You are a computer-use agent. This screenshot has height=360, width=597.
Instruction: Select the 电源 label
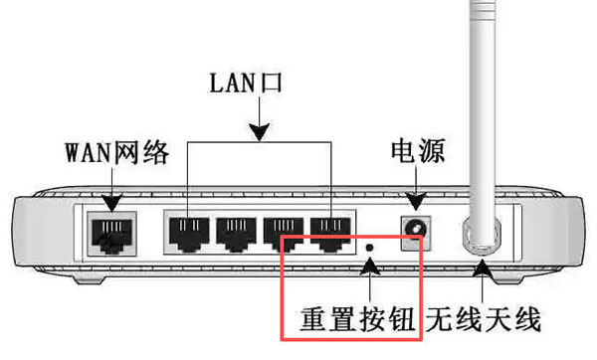coord(417,152)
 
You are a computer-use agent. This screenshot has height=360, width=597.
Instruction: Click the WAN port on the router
coord(109,232)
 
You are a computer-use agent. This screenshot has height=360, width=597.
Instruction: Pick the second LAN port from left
coord(238,232)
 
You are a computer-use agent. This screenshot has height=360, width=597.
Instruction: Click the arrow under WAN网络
coord(109,189)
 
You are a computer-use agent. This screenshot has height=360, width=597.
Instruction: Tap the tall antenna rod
coord(485,109)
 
